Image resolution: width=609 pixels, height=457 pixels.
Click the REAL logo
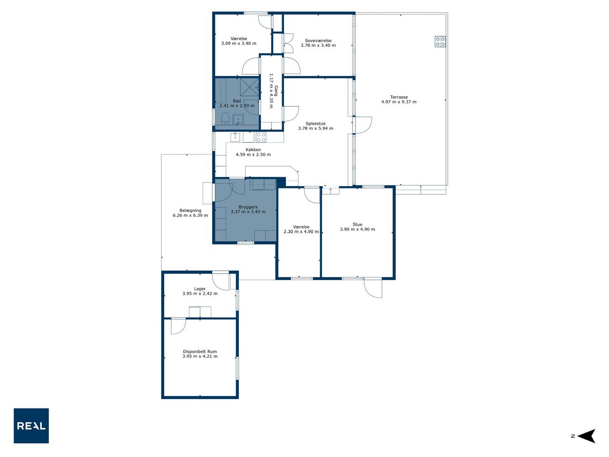point(31,426)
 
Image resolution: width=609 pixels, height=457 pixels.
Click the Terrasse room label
point(399,97)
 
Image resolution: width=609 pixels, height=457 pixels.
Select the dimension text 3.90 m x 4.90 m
point(357,229)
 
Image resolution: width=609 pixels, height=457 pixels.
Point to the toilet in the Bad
point(225,119)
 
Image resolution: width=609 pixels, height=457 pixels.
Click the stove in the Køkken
point(261,137)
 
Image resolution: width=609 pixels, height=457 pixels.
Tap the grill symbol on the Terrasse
point(440,41)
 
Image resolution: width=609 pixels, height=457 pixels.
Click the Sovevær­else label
point(318,40)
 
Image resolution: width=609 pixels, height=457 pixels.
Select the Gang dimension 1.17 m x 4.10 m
point(271,91)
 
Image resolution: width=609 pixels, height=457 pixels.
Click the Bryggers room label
point(248,207)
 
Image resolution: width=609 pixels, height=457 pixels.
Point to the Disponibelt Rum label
point(200,352)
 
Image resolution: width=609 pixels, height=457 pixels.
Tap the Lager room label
point(200,289)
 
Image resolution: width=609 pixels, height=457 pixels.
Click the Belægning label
point(190,210)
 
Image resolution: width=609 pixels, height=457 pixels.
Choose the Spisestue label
point(315,123)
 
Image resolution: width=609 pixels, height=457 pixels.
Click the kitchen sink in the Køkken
point(236,137)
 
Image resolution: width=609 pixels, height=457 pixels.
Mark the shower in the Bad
point(249,88)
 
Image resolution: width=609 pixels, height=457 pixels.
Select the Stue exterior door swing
point(373,288)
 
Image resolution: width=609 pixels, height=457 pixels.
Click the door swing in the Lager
point(221,282)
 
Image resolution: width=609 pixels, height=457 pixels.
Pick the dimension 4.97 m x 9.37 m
point(399,102)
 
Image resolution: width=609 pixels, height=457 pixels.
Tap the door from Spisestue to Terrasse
point(363,125)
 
